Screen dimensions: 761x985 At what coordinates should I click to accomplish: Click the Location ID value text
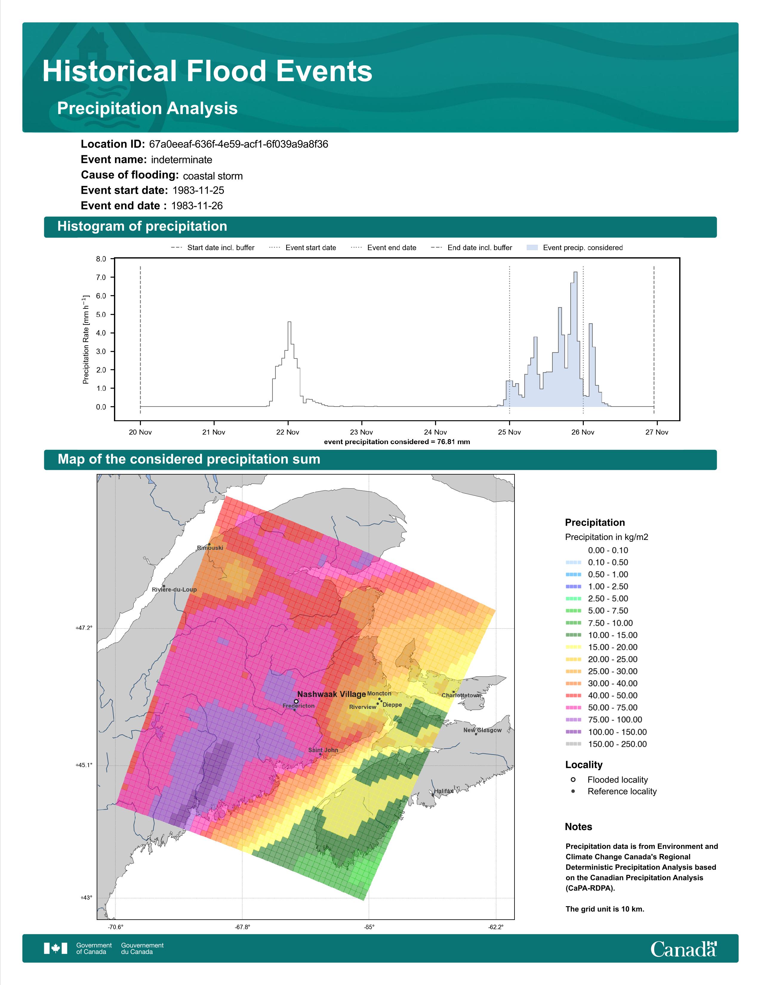[x=238, y=144]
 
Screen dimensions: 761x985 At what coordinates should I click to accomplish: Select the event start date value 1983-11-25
[x=198, y=190]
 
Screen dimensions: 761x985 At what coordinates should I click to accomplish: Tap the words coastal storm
[x=213, y=176]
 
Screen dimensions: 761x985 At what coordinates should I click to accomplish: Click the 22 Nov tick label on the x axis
[x=288, y=432]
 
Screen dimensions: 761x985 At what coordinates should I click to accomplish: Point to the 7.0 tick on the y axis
[x=101, y=277]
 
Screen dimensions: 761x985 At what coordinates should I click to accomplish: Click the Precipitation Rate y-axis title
[x=86, y=339]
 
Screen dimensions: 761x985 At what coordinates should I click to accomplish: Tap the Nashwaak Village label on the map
[x=331, y=694]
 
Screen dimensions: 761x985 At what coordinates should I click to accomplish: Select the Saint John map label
[x=323, y=750]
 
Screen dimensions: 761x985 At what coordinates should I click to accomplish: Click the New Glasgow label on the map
[x=482, y=730]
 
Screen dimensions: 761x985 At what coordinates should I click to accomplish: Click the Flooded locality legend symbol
[x=573, y=780]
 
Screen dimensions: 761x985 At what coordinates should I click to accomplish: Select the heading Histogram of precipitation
[x=142, y=227]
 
